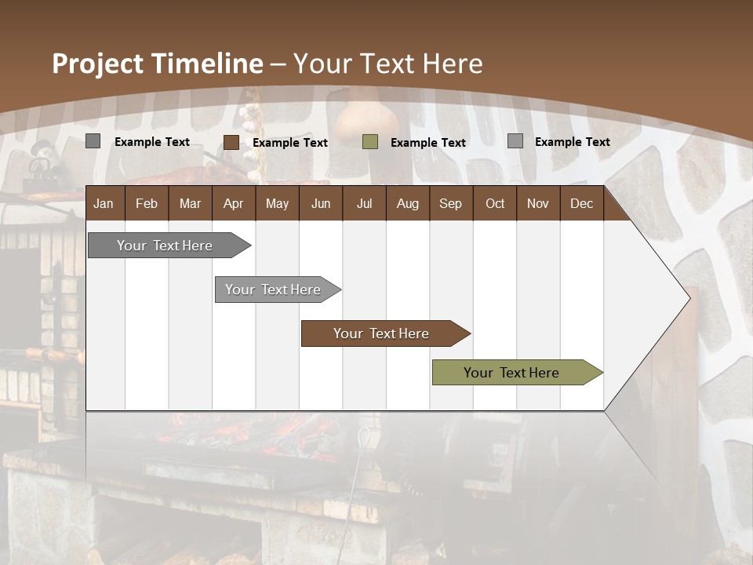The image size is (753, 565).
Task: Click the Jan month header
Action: tap(104, 204)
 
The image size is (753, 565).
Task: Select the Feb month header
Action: tap(147, 204)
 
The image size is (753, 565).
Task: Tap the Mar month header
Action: tap(190, 204)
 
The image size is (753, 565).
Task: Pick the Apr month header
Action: tap(233, 204)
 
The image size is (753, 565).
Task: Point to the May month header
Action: tap(277, 204)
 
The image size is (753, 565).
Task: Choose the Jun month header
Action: tap(321, 204)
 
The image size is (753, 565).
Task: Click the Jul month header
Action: tap(364, 204)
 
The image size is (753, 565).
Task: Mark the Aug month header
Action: tap(407, 204)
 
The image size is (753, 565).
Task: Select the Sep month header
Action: tap(450, 204)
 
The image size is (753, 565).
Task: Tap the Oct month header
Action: tap(495, 204)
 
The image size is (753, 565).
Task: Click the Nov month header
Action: tap(538, 204)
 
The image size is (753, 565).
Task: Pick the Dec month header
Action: tap(581, 204)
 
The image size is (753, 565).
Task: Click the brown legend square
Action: tap(231, 142)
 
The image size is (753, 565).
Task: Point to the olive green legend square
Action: tap(370, 142)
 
